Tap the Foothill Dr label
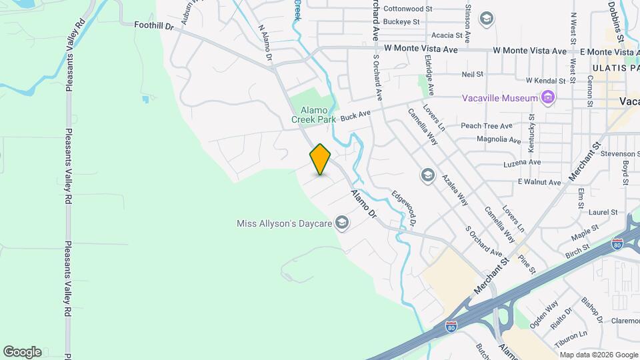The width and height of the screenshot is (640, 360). pyautogui.click(x=153, y=25)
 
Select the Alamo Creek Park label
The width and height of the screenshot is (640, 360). pyautogui.click(x=311, y=115)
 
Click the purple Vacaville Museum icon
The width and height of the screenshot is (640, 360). pyautogui.click(x=548, y=98)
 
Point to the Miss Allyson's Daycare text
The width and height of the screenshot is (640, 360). pyautogui.click(x=285, y=223)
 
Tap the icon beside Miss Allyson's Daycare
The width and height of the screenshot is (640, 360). pyautogui.click(x=342, y=223)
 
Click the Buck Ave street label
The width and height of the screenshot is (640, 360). pyautogui.click(x=355, y=115)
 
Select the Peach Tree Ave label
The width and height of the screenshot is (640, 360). pyautogui.click(x=487, y=125)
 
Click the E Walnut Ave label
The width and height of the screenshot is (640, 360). pyautogui.click(x=539, y=181)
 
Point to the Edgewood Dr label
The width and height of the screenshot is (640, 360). pyautogui.click(x=408, y=208)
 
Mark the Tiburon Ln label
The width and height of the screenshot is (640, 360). pyautogui.click(x=573, y=334)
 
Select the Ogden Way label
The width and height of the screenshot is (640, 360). pyautogui.click(x=545, y=313)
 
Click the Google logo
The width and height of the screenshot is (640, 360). pyautogui.click(x=22, y=352)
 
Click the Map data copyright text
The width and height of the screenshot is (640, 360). pyautogui.click(x=597, y=355)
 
